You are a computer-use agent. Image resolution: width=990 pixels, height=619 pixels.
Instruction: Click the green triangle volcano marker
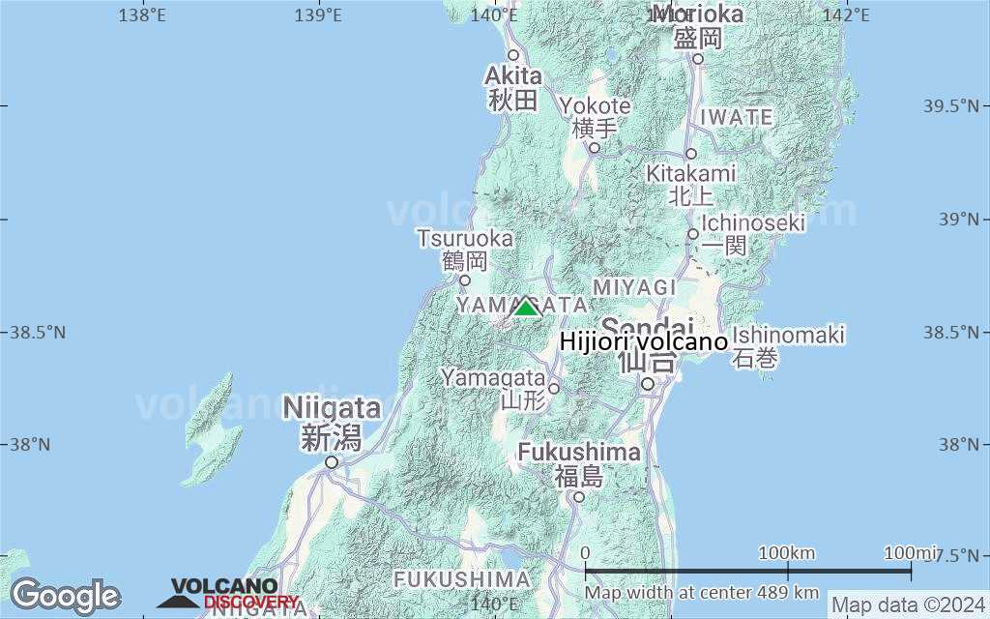click(x=526, y=308)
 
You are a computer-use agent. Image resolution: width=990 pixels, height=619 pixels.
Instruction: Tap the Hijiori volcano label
click(x=643, y=342)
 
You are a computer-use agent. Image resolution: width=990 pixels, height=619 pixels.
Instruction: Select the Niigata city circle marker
click(x=332, y=462)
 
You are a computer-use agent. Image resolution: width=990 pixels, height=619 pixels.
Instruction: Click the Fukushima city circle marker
click(x=578, y=497)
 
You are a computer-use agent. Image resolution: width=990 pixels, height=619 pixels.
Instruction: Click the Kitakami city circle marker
click(x=691, y=154)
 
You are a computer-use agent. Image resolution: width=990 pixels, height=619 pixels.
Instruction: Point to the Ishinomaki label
click(x=788, y=336)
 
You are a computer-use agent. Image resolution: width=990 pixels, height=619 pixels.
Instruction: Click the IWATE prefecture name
click(x=737, y=117)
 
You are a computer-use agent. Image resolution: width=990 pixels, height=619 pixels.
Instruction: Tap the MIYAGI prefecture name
click(x=634, y=287)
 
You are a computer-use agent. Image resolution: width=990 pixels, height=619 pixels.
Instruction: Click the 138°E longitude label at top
click(x=142, y=15)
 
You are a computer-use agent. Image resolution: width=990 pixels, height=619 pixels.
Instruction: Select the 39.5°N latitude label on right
click(x=952, y=105)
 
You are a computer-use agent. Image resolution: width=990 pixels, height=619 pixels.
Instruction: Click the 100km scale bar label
click(x=787, y=553)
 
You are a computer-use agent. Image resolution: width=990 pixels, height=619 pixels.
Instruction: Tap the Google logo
click(x=65, y=596)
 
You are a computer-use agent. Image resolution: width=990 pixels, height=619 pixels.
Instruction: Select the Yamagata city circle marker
click(x=554, y=389)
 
